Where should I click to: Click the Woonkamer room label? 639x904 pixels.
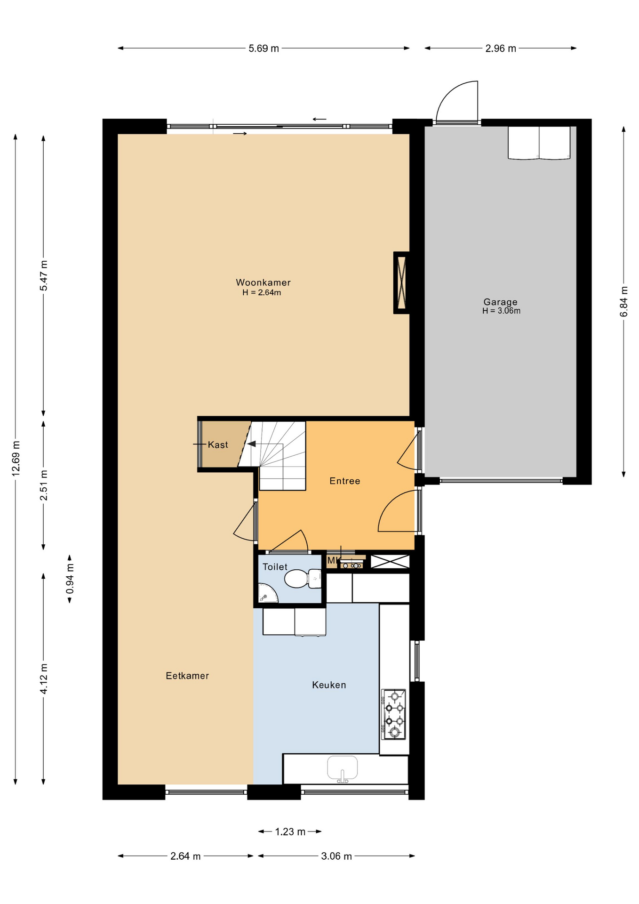click(x=263, y=282)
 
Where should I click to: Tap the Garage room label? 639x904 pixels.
click(x=500, y=302)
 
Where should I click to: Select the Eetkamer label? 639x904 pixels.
click(x=187, y=676)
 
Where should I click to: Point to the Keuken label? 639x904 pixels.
click(x=329, y=685)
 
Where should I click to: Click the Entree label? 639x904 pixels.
click(x=345, y=481)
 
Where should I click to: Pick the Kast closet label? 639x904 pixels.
click(x=218, y=444)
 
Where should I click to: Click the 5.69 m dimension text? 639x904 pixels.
click(x=264, y=48)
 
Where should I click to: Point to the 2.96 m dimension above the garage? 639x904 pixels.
click(x=501, y=48)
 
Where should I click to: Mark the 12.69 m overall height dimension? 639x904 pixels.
click(x=16, y=459)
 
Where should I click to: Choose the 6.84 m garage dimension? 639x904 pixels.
click(x=624, y=301)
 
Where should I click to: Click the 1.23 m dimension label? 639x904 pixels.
click(x=290, y=832)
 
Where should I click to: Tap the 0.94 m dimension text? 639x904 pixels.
click(x=70, y=579)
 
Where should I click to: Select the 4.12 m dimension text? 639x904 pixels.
click(x=44, y=679)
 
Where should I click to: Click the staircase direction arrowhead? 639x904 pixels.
click(x=252, y=444)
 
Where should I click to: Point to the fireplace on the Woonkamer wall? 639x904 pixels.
click(x=401, y=283)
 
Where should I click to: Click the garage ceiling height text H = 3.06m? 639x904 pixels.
click(x=501, y=311)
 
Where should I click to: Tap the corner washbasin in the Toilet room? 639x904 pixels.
click(x=267, y=594)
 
